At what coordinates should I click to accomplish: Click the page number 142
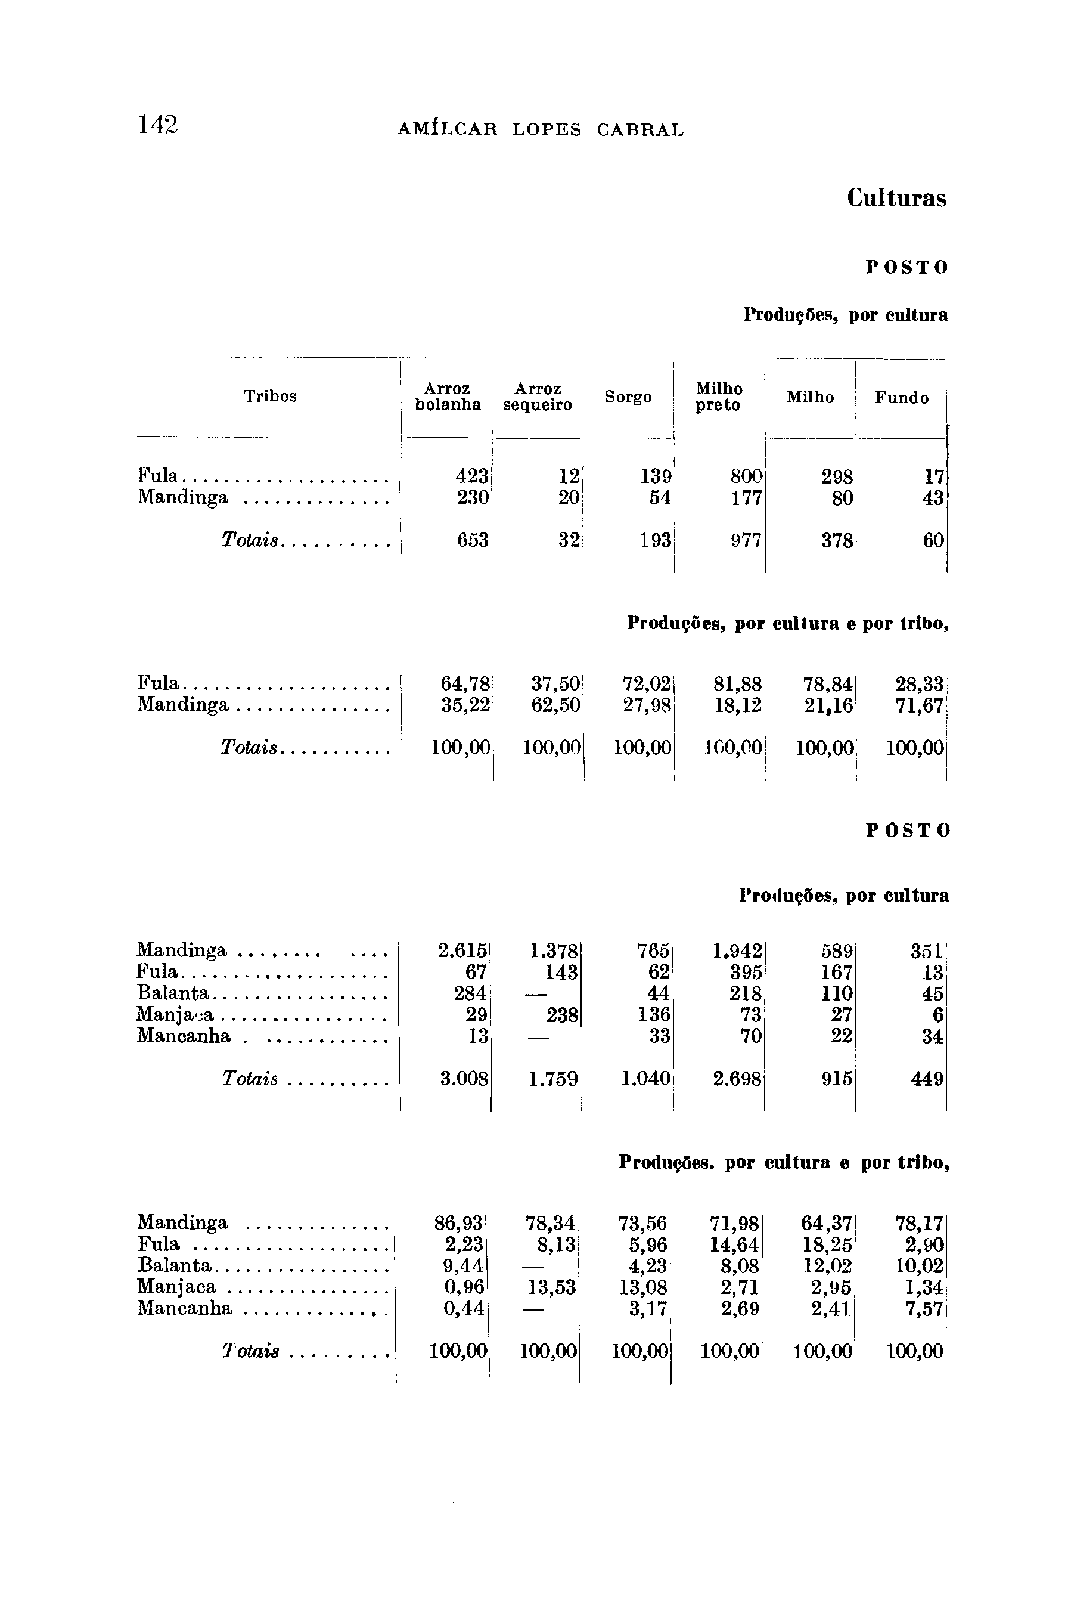tap(158, 125)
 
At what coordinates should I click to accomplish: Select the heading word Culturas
tap(896, 199)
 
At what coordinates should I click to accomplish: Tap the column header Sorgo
tap(628, 397)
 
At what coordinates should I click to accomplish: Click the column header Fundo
tap(902, 398)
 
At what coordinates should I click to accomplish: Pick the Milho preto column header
tap(719, 397)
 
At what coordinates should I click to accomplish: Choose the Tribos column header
tap(271, 397)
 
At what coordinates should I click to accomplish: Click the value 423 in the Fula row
tap(473, 476)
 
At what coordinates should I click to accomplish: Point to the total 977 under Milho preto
tap(747, 541)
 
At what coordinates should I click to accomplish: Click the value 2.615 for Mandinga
tap(463, 950)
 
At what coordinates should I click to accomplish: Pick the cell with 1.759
tap(554, 1079)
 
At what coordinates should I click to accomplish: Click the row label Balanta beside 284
tap(172, 993)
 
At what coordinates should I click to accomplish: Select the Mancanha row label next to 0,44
tap(185, 1308)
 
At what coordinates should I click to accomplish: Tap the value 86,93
tap(459, 1223)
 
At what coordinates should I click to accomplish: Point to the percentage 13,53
tap(551, 1287)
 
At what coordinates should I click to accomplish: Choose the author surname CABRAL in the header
tap(640, 129)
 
